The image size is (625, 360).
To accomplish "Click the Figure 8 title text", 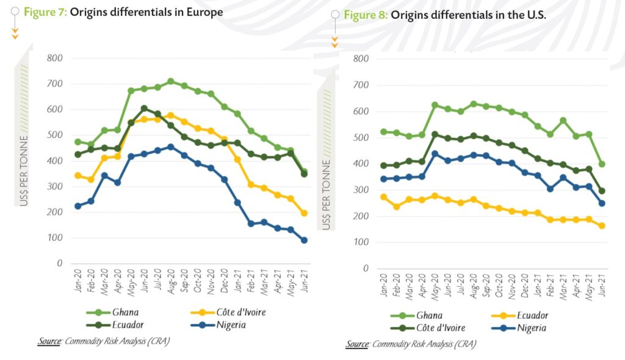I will (x=444, y=15).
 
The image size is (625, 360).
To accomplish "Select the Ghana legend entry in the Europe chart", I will (x=125, y=312).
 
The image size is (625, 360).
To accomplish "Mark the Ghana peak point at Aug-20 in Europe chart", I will (x=171, y=81).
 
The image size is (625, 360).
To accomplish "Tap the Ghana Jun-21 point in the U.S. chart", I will (x=602, y=164).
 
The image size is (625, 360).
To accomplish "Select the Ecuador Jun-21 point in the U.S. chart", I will (x=602, y=226).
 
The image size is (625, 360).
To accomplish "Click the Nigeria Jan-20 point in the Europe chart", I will (x=78, y=206).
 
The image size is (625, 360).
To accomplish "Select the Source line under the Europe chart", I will (x=103, y=341).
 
